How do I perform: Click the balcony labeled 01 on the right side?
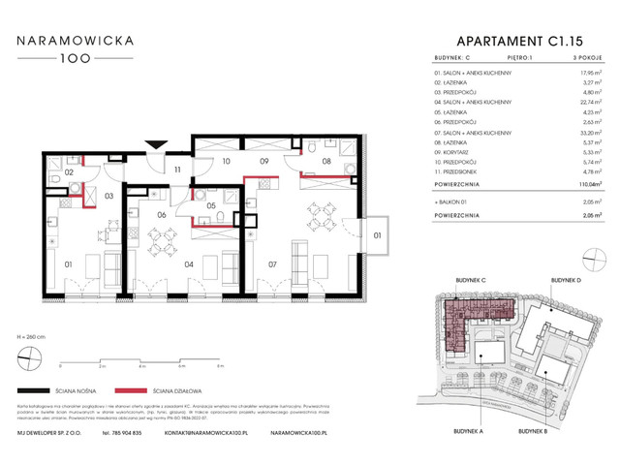click(377, 233)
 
